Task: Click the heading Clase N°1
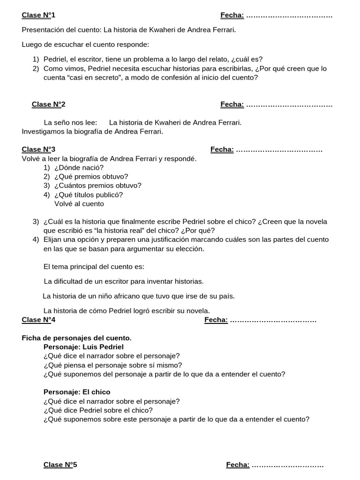coord(38,15)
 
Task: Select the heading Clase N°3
coord(38,150)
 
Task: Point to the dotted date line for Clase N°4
coord(274,320)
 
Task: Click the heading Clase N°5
coord(60,465)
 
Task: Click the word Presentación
coord(42,30)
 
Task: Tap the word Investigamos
coord(44,132)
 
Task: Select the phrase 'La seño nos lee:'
coord(70,123)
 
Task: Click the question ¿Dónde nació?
coord(79,167)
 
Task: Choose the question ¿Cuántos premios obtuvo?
coord(97,185)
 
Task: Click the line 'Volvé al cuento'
coord(79,203)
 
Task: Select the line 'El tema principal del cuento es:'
coord(94,267)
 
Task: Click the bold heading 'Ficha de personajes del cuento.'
coord(77,338)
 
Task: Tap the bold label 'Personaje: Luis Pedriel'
coord(83,347)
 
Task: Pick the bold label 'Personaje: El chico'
coord(77,392)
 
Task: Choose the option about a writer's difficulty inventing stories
coord(124,282)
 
